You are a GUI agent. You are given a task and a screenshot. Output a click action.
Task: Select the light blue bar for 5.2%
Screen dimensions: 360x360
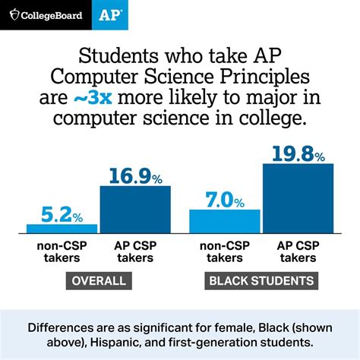(62, 228)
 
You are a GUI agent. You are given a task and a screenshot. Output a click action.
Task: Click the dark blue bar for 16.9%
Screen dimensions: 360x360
(135, 209)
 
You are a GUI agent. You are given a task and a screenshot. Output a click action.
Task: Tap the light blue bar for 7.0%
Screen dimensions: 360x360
(224, 221)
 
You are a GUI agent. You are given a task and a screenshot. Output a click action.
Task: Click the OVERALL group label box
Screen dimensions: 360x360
(98, 281)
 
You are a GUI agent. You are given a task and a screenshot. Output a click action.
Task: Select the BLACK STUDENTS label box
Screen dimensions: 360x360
(261, 281)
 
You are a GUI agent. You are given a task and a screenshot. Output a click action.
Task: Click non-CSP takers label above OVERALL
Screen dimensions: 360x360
(62, 251)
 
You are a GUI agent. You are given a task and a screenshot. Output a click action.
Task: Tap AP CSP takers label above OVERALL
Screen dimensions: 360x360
(135, 251)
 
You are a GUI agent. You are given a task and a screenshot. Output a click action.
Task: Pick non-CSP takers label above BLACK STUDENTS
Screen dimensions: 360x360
(224, 251)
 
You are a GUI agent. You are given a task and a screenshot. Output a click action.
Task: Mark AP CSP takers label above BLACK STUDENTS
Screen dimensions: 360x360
(298, 251)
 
